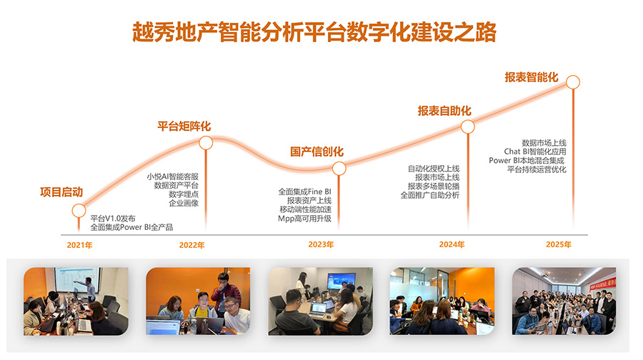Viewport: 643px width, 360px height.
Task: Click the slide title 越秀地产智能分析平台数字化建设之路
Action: (314, 32)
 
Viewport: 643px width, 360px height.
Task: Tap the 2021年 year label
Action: (79, 245)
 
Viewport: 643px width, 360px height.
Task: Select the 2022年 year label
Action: (191, 245)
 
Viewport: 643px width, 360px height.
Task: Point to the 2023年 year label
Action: (321, 244)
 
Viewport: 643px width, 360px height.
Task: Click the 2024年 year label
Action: (452, 244)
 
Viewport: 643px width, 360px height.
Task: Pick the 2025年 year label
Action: (559, 244)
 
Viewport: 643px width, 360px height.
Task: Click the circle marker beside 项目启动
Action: (79, 211)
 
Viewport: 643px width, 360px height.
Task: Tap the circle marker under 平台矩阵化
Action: (206, 143)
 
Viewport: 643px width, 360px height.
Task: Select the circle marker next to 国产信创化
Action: (339, 168)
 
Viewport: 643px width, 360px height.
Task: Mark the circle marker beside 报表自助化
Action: (468, 126)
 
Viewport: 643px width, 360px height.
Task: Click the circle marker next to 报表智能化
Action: (573, 82)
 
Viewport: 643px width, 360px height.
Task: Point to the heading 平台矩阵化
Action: (184, 126)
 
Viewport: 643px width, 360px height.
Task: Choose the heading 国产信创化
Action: (317, 151)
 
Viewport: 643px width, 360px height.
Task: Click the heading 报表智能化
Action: (532, 77)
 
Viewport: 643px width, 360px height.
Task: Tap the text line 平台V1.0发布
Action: (113, 219)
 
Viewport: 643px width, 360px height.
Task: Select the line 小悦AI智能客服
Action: (173, 176)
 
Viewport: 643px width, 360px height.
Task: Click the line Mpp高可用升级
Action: (304, 219)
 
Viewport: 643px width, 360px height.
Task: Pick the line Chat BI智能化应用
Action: (535, 151)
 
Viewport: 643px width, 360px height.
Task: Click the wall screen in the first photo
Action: (77, 279)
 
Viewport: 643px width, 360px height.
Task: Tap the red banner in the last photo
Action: (603, 284)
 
